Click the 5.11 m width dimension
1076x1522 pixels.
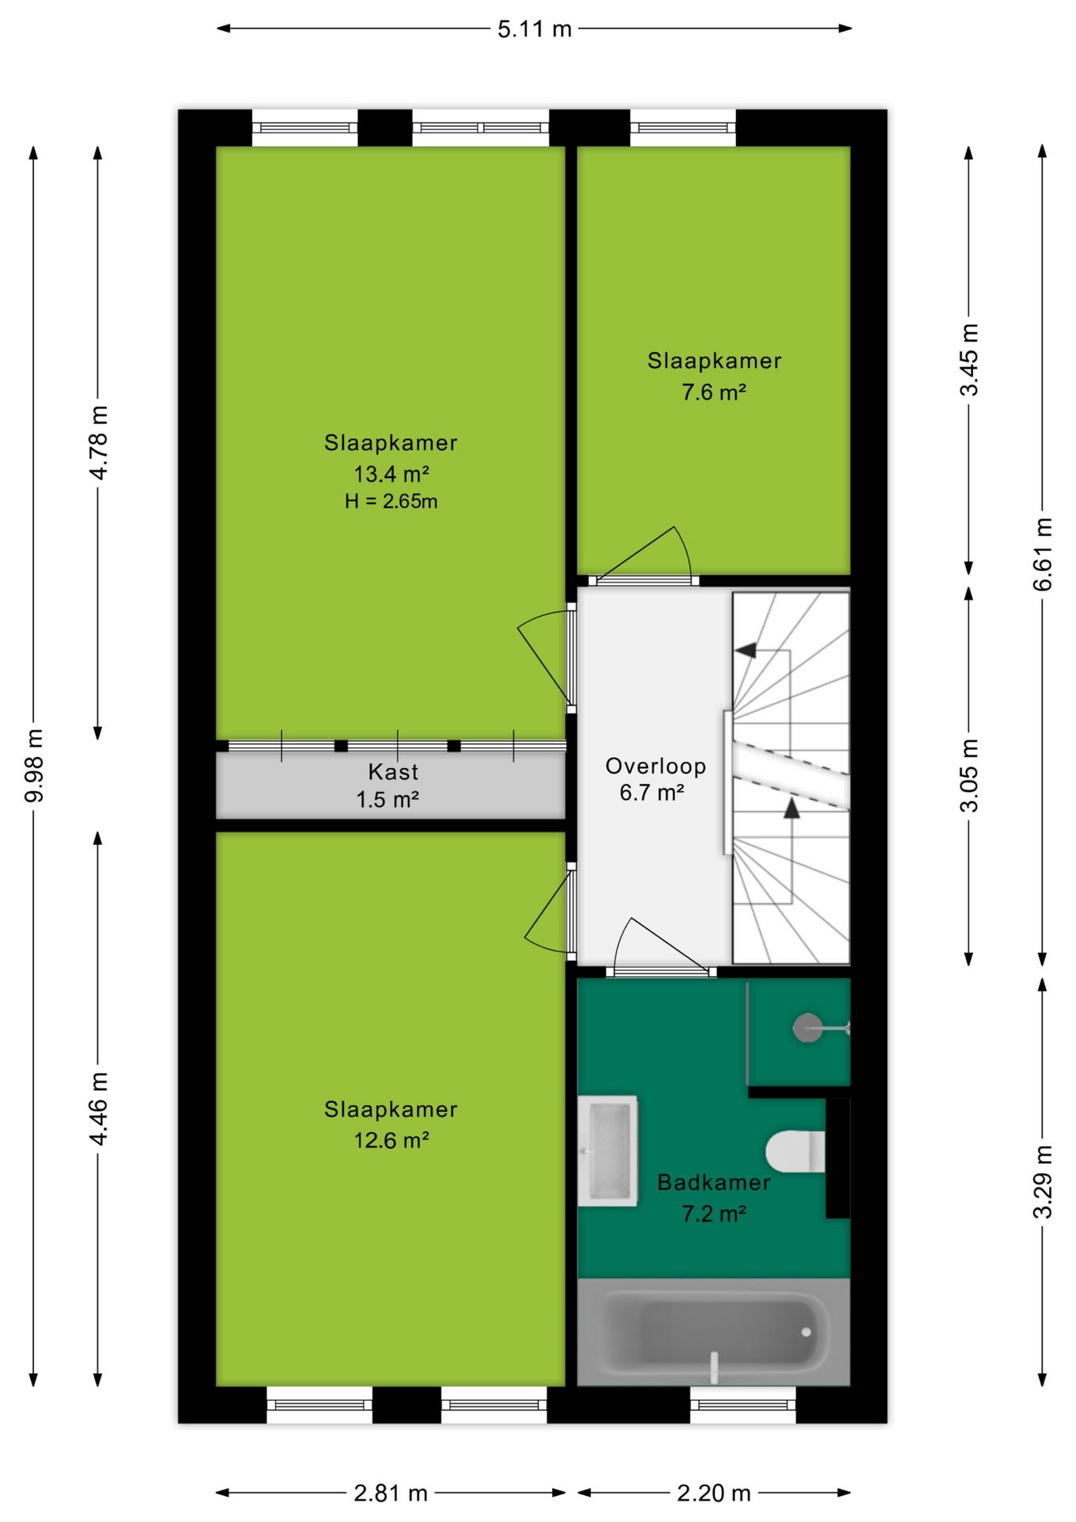click(x=534, y=29)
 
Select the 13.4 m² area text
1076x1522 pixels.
click(x=391, y=474)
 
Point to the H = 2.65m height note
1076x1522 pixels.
click(x=391, y=501)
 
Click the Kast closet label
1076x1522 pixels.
click(x=393, y=771)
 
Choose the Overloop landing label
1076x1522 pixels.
click(x=655, y=766)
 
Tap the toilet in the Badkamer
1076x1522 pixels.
click(x=796, y=1151)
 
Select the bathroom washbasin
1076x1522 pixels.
click(x=608, y=1151)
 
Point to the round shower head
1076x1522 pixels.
click(x=808, y=1028)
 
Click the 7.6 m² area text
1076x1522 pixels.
click(x=714, y=392)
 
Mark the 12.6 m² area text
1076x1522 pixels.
click(x=391, y=1141)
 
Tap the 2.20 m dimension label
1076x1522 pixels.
click(x=713, y=1493)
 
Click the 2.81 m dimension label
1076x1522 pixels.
click(x=390, y=1493)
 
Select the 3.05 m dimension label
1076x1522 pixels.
click(x=970, y=775)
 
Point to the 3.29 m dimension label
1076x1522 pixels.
click(x=1043, y=1182)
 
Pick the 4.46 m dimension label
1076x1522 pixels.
click(x=98, y=1108)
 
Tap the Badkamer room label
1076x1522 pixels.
click(x=714, y=1183)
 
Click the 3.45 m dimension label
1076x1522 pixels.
click(x=970, y=360)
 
